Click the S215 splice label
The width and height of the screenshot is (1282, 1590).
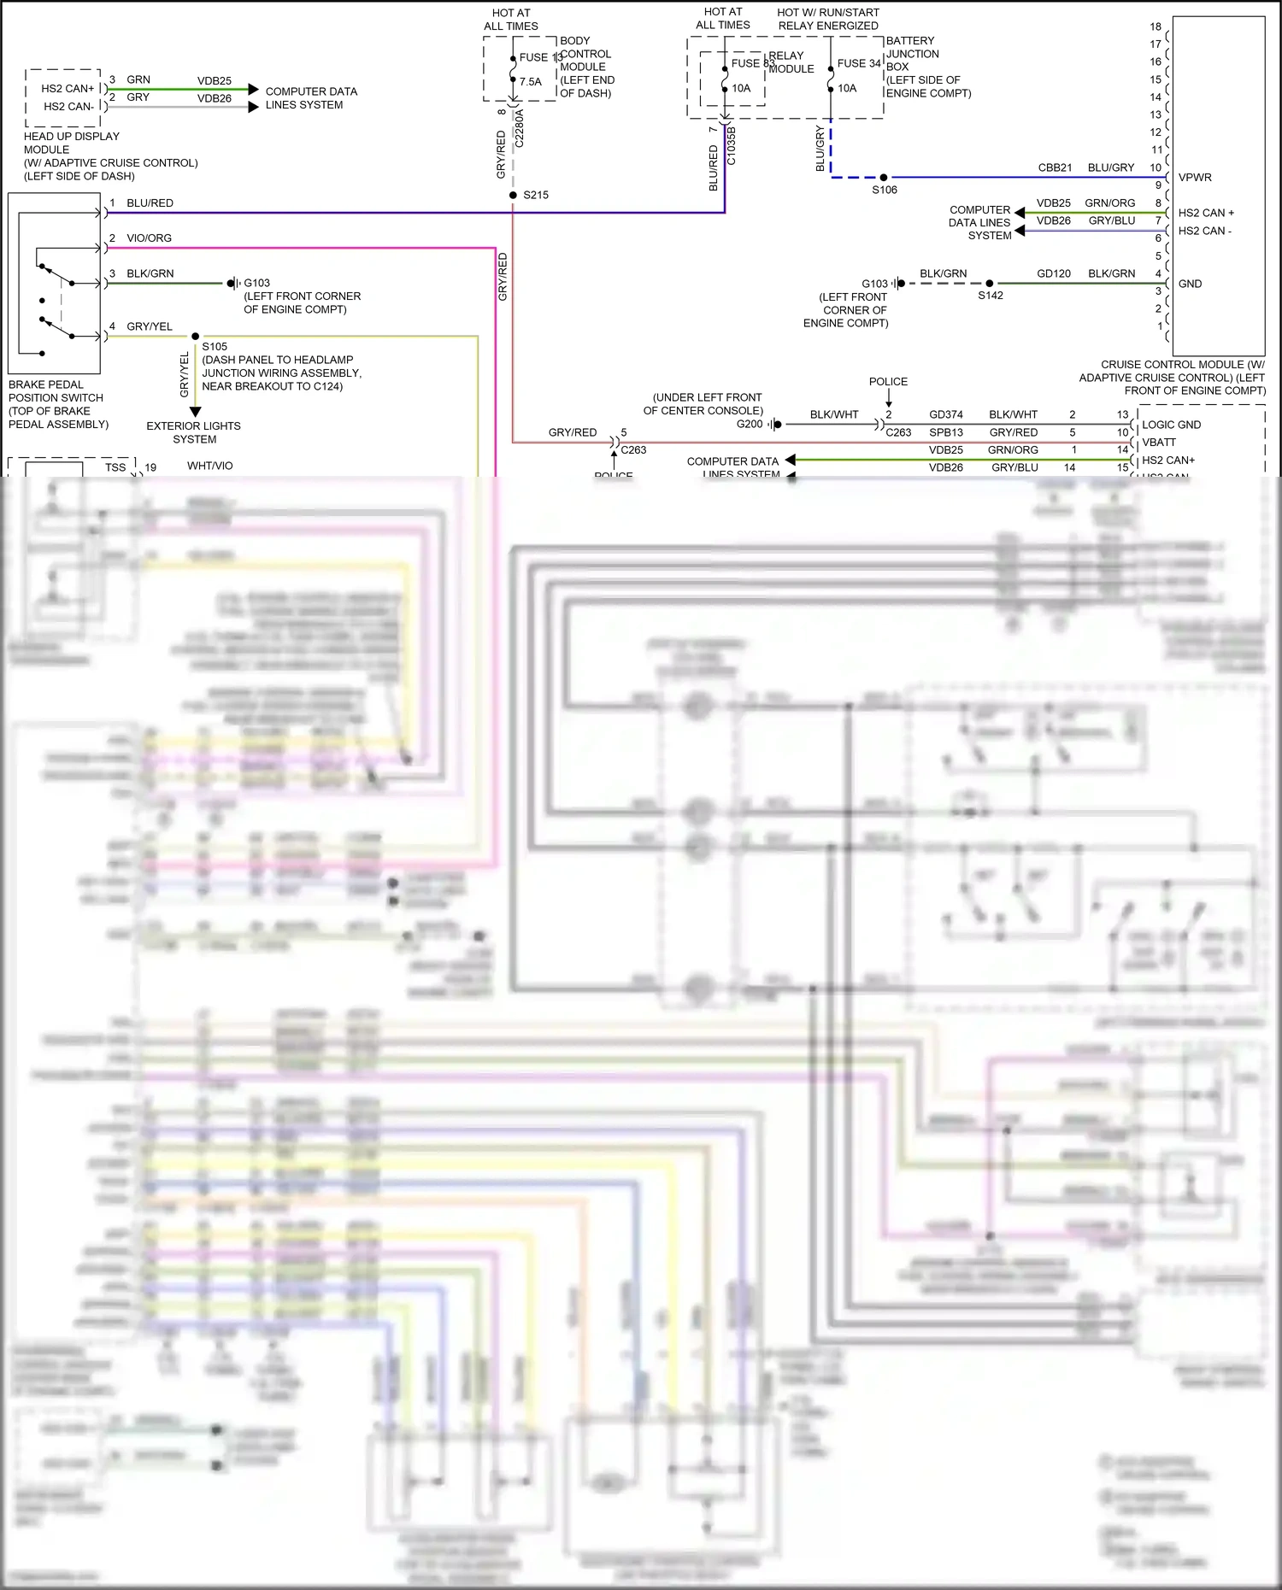536,196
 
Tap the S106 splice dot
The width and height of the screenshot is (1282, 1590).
884,178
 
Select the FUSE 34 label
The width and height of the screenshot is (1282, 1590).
859,63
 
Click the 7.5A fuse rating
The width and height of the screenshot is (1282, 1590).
531,82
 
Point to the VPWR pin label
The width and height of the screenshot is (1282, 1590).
1195,178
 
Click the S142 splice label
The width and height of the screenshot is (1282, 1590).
991,296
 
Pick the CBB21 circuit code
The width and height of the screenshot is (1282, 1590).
1055,167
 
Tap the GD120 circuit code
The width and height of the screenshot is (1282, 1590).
1054,273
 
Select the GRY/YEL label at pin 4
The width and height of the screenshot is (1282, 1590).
149,326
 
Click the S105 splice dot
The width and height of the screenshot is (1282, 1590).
195,337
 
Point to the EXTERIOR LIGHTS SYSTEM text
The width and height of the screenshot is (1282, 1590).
194,432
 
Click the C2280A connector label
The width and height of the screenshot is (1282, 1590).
519,129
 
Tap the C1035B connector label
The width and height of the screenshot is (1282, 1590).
731,145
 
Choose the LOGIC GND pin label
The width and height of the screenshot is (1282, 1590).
1171,425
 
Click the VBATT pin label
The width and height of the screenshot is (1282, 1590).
1159,443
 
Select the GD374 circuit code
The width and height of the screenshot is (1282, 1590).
946,414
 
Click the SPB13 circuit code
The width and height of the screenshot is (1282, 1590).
946,432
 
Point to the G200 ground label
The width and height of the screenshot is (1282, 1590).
750,424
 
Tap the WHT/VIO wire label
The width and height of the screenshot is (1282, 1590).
210,466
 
